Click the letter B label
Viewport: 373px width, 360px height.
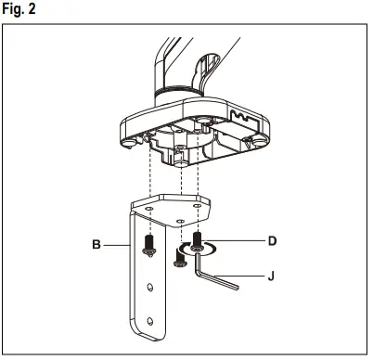[96, 246]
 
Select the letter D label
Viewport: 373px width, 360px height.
[272, 241]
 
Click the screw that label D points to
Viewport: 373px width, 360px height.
[198, 245]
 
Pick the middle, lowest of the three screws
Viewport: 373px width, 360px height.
[178, 260]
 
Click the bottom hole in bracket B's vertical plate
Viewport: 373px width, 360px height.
[148, 322]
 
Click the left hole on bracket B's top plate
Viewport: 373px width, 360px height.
[146, 210]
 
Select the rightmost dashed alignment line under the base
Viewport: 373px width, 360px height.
[198, 186]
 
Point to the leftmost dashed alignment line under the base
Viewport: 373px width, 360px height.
[148, 186]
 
